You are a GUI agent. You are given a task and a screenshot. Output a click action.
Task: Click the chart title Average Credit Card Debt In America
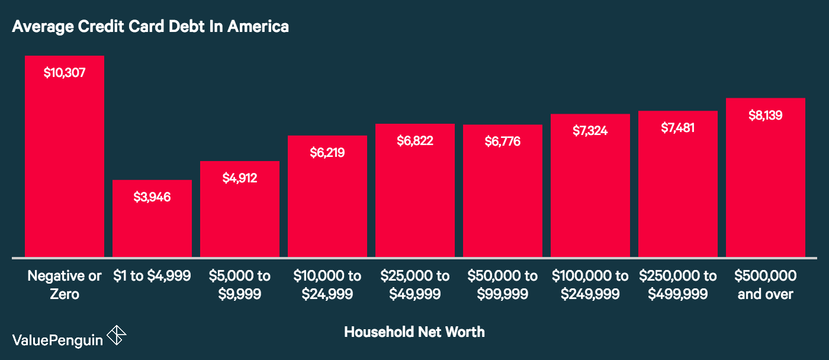pyautogui.click(x=150, y=27)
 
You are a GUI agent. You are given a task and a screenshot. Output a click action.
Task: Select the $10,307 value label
pyautogui.click(x=64, y=73)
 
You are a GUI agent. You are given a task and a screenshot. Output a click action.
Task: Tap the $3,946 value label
pyautogui.click(x=152, y=197)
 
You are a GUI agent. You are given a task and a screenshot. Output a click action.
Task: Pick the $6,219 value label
pyautogui.click(x=327, y=153)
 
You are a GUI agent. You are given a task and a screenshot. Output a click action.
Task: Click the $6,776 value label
pyautogui.click(x=502, y=142)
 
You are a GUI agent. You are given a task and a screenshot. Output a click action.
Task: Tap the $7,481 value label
pyautogui.click(x=677, y=128)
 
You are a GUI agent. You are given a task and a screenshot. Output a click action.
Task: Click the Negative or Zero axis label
pyautogui.click(x=64, y=285)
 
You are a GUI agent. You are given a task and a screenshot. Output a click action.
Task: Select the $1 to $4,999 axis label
pyautogui.click(x=152, y=276)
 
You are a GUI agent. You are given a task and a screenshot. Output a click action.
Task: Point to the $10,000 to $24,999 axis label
pyautogui.click(x=327, y=285)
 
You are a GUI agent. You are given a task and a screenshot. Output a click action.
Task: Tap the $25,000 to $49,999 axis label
pyautogui.click(x=415, y=285)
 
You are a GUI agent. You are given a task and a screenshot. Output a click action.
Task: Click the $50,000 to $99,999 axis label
pyautogui.click(x=502, y=285)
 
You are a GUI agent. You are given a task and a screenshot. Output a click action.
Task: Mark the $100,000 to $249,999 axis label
pyautogui.click(x=590, y=285)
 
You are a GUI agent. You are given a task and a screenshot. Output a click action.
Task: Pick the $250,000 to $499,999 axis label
pyautogui.click(x=677, y=285)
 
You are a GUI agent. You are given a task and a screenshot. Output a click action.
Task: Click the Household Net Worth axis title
pyautogui.click(x=414, y=332)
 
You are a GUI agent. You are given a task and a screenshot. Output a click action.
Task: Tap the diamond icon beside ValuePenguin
pyautogui.click(x=117, y=336)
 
